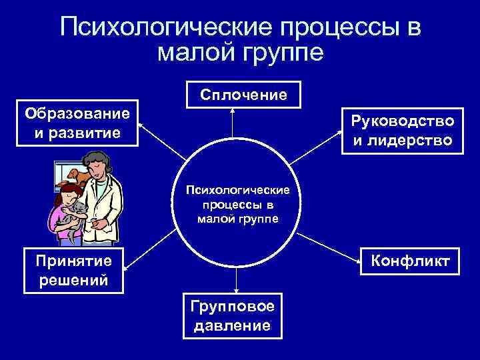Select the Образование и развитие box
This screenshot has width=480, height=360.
pyautogui.click(x=78, y=123)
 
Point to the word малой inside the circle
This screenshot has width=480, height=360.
pyautogui.click(x=213, y=219)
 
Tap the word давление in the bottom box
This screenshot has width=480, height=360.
pyautogui.click(x=231, y=325)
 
